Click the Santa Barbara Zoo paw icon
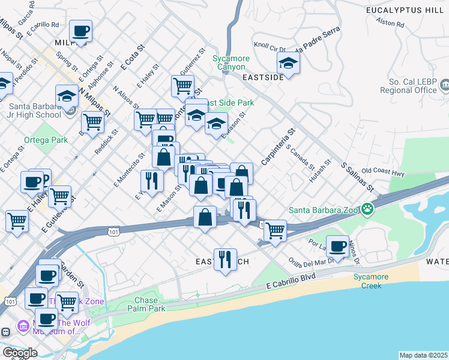[x=367, y=209]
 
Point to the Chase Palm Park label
[x=146, y=304]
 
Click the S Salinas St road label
[x=357, y=176]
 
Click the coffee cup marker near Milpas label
[x=80, y=31]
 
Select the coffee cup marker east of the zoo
[x=339, y=245]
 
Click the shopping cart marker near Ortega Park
[x=92, y=122]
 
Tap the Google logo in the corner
[x=19, y=352]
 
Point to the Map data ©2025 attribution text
[x=423, y=355]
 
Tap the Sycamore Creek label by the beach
[x=371, y=281]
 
